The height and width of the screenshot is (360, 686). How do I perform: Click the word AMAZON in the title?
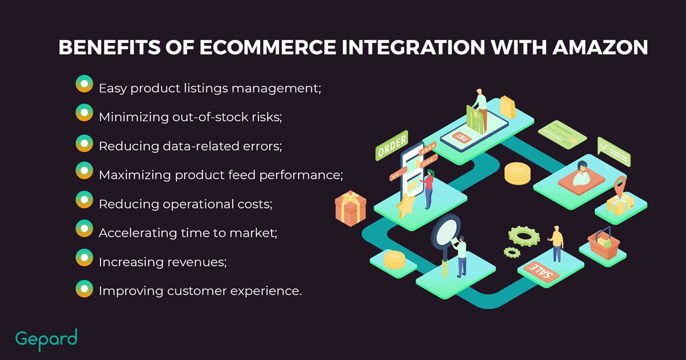click(x=600, y=47)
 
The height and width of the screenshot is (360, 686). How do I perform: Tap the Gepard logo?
click(x=46, y=339)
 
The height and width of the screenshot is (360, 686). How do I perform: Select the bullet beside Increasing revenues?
click(x=84, y=258)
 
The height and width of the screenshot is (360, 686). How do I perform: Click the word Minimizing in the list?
click(x=134, y=117)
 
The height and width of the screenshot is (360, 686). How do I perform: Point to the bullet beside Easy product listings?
click(x=84, y=84)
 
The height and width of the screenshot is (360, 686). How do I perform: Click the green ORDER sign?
click(x=392, y=146)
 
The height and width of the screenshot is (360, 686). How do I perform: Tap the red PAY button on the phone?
click(x=461, y=137)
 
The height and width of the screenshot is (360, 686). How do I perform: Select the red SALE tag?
click(x=541, y=271)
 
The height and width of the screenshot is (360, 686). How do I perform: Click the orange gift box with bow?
click(x=350, y=208)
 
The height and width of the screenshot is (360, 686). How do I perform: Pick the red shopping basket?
click(x=604, y=243)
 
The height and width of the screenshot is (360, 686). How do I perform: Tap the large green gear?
click(x=524, y=236)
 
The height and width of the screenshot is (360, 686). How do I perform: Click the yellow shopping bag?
click(x=508, y=107)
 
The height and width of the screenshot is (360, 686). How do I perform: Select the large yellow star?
click(x=405, y=205)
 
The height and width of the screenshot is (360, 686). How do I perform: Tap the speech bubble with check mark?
click(x=614, y=152)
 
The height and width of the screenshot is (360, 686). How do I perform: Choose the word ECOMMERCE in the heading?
click(x=268, y=47)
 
